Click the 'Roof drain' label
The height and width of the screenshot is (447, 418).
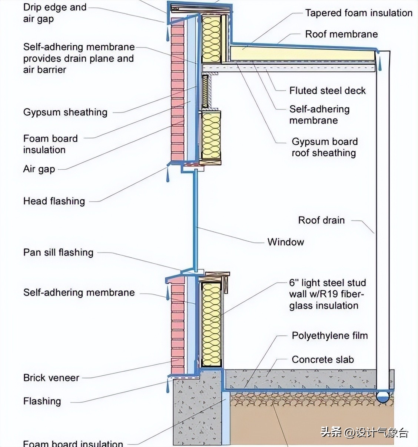[x=321, y=220]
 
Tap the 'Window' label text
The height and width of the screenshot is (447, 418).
[x=285, y=242]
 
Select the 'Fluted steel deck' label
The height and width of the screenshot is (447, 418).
[x=327, y=91]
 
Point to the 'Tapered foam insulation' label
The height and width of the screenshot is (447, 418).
[x=358, y=13]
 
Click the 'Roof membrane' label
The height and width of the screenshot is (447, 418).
[x=341, y=34]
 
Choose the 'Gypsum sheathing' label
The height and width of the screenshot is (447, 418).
[x=65, y=112]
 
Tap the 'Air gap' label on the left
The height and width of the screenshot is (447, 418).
[x=39, y=169]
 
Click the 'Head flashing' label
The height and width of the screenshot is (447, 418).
[x=54, y=201]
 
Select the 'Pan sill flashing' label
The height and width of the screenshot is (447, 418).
[x=58, y=252]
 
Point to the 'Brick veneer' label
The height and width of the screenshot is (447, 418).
[x=51, y=378]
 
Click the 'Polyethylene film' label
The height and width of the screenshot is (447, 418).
[x=329, y=336]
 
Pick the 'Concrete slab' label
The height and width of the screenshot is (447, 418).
[x=322, y=359]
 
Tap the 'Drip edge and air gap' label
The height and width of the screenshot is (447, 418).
[x=54, y=13]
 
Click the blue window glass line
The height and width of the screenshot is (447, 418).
[x=196, y=223]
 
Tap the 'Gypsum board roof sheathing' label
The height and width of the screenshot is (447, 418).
[x=324, y=147]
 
